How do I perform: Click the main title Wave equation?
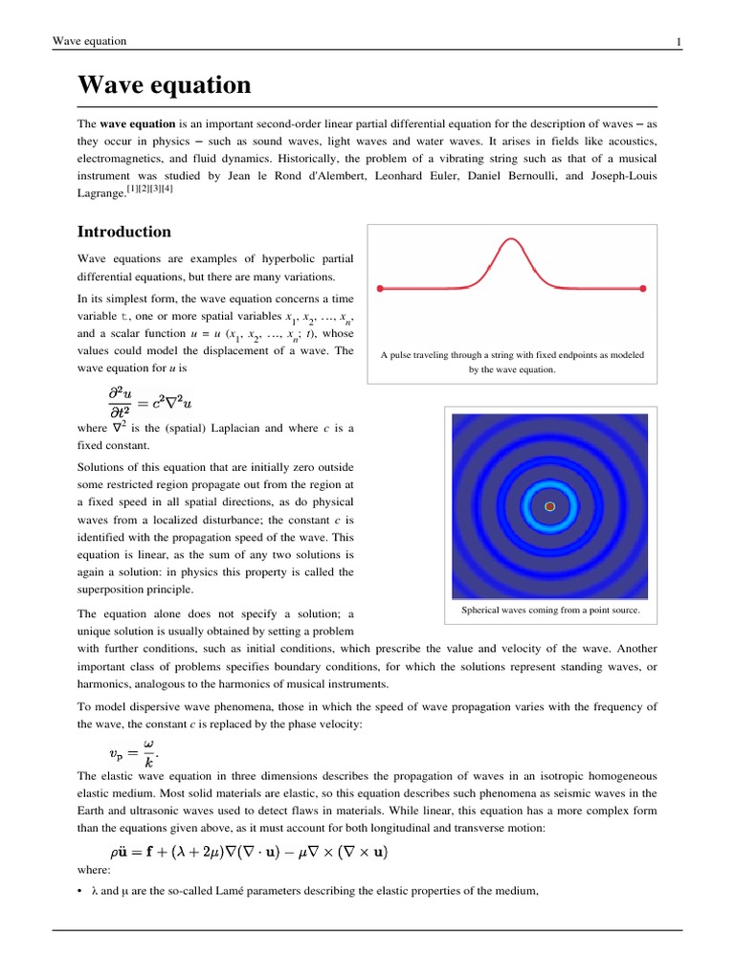pos(164,85)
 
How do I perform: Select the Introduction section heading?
pos(123,232)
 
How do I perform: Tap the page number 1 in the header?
pos(679,41)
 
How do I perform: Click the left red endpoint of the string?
pos(381,287)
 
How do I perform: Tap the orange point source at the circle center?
pos(549,505)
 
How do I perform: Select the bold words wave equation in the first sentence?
pos(137,124)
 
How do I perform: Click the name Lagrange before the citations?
pos(100,193)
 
